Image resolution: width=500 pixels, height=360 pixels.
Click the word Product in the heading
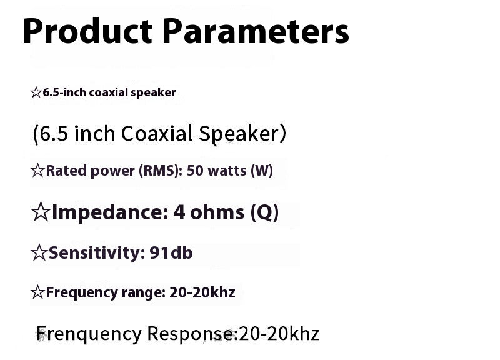(x=87, y=31)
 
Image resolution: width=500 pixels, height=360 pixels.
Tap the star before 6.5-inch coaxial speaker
(x=36, y=93)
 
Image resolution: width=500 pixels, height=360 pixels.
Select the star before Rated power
(x=37, y=171)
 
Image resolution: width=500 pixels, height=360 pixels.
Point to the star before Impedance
(x=40, y=213)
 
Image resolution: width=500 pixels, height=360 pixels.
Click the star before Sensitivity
(x=39, y=253)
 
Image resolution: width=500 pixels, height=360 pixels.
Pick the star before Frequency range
(x=37, y=292)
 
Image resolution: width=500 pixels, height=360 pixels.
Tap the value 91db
(x=171, y=253)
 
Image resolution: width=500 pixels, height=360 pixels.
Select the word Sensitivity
(x=97, y=253)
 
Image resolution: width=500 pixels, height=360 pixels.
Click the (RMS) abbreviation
(x=159, y=171)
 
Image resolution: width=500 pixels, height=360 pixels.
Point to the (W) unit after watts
(x=261, y=171)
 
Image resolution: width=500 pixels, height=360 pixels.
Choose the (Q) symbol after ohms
(x=264, y=213)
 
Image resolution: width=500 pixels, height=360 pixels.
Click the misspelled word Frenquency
(x=89, y=334)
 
